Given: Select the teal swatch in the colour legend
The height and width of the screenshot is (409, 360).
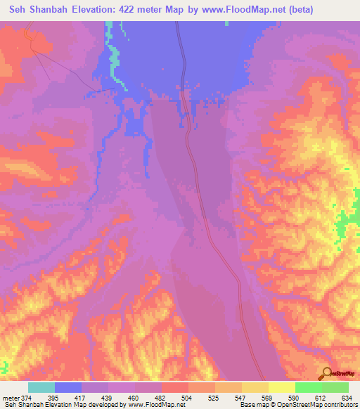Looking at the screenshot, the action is coord(41,387).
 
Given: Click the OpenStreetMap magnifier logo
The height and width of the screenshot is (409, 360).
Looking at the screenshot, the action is coord(326,373).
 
